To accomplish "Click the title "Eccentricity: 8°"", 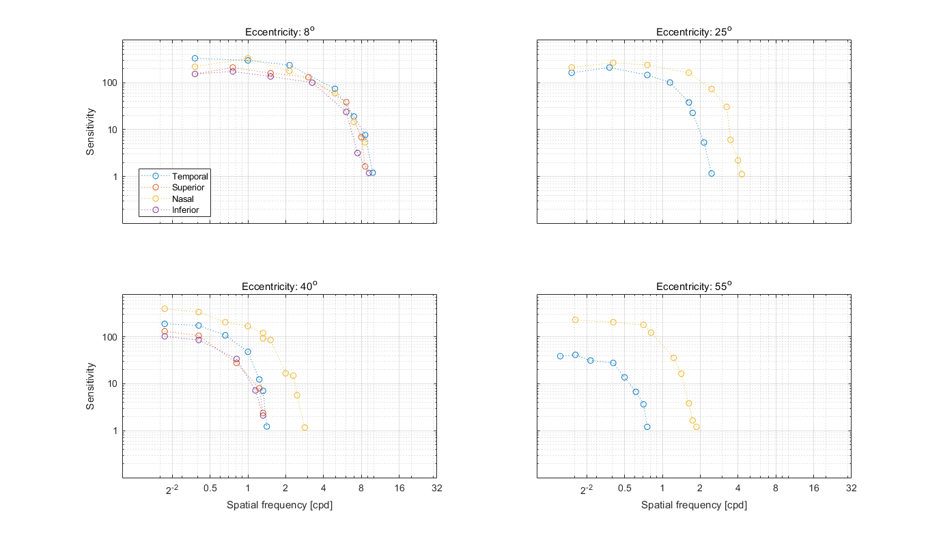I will point(279,32).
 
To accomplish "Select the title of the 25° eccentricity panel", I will point(694,32).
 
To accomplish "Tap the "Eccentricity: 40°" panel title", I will point(279,287).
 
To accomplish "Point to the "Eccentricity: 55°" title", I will point(694,287).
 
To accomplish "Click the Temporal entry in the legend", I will point(189,176).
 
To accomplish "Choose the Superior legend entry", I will point(188,188).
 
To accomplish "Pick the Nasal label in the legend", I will point(182,199).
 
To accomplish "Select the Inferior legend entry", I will point(185,210).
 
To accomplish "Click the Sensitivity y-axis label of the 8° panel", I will point(90,132).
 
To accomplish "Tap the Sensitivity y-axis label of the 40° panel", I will point(90,386).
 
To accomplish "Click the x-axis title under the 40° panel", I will point(279,506).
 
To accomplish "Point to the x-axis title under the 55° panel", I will point(694,506).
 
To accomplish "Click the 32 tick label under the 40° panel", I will point(437,489).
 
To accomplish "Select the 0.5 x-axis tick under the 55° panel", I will point(624,489).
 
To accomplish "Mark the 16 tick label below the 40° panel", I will point(399,489).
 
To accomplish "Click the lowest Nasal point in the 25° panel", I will point(742,174).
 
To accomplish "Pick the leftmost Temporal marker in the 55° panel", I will point(561,356).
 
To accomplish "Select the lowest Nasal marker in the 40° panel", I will point(305,428).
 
